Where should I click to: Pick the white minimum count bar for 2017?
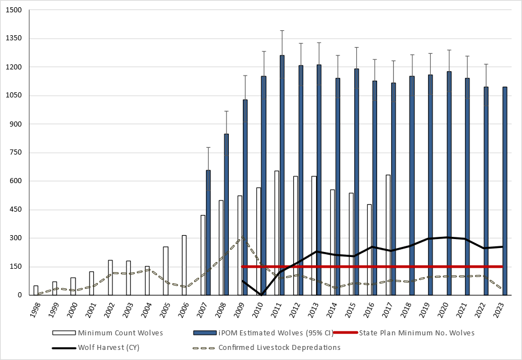click(388, 235)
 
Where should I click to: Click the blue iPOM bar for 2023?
click(505, 190)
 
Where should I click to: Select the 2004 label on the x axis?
click(147, 310)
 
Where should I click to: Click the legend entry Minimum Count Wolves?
click(120, 333)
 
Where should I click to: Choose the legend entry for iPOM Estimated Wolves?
click(263, 333)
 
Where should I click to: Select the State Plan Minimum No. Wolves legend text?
click(416, 333)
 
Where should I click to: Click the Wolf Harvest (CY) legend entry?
click(109, 347)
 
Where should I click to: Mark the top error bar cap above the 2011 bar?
click(282, 30)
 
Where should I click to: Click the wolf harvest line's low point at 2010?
click(261, 294)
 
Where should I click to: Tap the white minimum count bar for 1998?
click(36, 290)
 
